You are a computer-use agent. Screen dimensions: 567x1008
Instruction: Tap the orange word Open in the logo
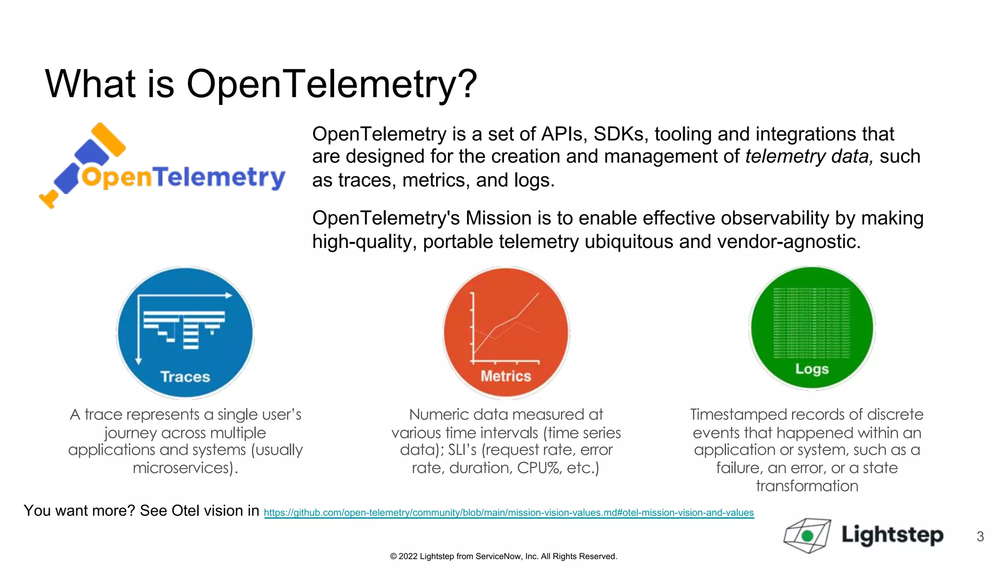pos(117,178)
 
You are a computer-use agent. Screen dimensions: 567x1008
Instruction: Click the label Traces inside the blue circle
pos(185,377)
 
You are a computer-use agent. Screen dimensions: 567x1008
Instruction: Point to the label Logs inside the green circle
pos(812,369)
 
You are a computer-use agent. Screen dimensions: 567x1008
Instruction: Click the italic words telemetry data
pos(809,157)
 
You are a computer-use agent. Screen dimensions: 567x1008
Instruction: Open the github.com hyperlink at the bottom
pos(508,512)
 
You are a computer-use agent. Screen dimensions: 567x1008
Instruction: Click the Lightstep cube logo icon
pos(807,535)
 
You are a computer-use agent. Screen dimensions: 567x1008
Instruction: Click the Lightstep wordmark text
pos(892,535)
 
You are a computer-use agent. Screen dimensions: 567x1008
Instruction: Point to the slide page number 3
pos(980,536)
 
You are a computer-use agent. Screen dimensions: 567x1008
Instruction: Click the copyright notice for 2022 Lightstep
pos(503,556)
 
